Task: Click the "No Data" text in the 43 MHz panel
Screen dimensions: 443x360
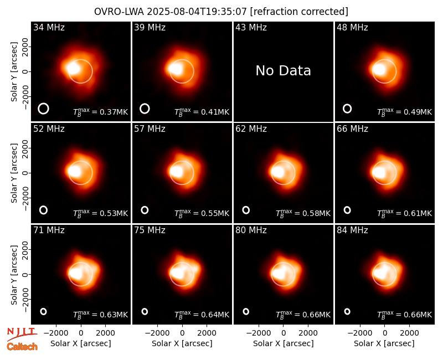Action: [283, 71]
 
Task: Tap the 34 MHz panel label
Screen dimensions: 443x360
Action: [49, 27]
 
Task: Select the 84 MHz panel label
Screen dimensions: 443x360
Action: [352, 230]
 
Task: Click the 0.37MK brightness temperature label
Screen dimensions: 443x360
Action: [100, 112]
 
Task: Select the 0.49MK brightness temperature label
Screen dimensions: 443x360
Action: [404, 112]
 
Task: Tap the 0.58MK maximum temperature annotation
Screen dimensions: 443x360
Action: [303, 213]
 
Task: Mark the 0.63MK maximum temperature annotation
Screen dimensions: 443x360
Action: [100, 315]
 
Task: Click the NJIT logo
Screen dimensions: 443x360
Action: [22, 334]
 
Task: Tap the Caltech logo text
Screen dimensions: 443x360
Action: [22, 347]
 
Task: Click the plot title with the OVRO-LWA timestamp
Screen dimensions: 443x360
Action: [221, 12]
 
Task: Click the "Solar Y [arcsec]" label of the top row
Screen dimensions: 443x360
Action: [14, 72]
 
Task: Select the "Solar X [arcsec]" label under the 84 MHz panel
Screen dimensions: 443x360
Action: [384, 343]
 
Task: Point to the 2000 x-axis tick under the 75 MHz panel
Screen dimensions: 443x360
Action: [207, 333]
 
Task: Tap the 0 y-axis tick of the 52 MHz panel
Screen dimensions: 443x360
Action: [25, 173]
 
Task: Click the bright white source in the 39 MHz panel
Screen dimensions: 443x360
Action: [175, 69]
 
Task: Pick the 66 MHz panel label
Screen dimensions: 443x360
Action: [352, 129]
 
